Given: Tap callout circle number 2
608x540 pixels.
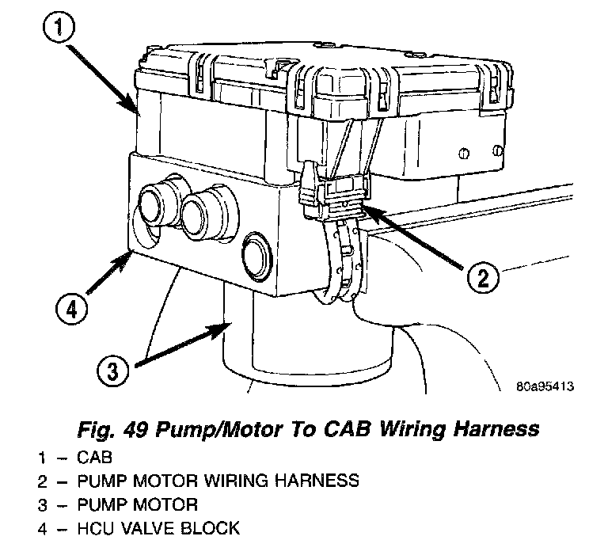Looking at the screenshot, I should [x=484, y=277].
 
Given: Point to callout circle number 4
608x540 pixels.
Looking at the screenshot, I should [x=70, y=306].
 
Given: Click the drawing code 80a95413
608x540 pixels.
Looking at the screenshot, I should [x=544, y=388].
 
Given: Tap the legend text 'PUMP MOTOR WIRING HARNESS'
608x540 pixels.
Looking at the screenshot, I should [x=218, y=481].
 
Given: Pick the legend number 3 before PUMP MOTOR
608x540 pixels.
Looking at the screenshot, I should [x=42, y=504].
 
